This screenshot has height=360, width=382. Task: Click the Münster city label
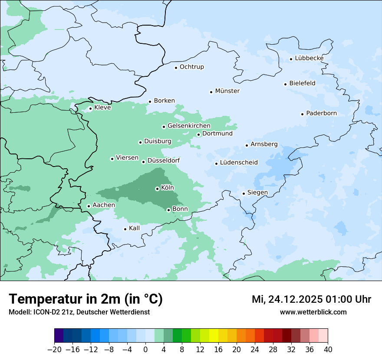[x=227, y=91]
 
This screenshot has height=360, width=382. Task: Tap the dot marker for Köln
[x=157, y=189]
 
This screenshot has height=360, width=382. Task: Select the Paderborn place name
[x=321, y=114]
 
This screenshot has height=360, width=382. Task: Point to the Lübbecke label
[x=309, y=58]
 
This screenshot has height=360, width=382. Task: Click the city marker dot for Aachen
[x=89, y=206]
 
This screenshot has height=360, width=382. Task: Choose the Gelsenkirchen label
[x=189, y=126]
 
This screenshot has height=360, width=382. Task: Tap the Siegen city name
[x=257, y=193]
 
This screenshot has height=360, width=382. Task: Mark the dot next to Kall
[x=125, y=229]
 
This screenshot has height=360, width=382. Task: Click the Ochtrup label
[x=191, y=67]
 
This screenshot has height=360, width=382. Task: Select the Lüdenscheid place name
[x=239, y=163]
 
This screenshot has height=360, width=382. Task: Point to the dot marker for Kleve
[x=90, y=108]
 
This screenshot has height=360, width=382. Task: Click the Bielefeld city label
[x=302, y=83]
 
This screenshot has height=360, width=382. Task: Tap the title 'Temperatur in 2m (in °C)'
[x=86, y=299]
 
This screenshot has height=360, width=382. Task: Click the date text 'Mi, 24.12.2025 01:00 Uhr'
[x=311, y=299]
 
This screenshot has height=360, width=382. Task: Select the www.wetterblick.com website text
[x=313, y=312]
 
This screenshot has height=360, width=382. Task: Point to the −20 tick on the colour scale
[x=55, y=350]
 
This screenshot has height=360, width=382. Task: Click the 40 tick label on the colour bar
[x=328, y=350]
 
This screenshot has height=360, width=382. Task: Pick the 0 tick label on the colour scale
[x=145, y=350]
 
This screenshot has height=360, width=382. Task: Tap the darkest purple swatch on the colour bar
[x=59, y=336]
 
